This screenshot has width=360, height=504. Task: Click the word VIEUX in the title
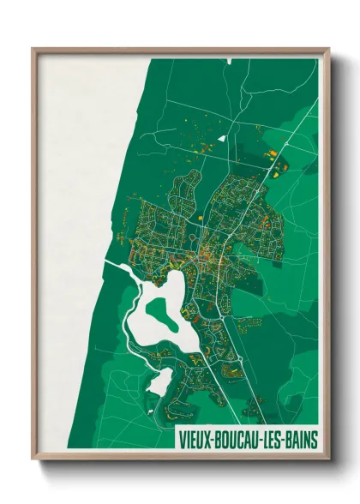pyautogui.click(x=196, y=439)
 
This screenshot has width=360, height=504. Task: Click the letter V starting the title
pyautogui.click(x=182, y=439)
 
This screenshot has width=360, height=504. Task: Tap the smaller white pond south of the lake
pyautogui.click(x=159, y=381)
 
